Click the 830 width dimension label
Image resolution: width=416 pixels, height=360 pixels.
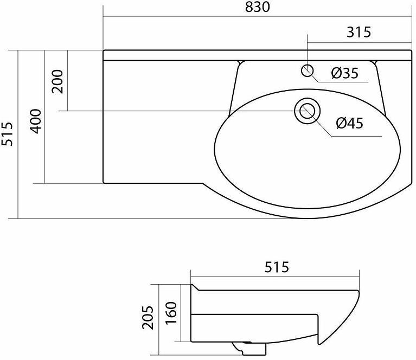tap(257, 7)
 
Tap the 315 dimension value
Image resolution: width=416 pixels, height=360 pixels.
tap(359, 32)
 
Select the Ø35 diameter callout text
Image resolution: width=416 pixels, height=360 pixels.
tap(345, 73)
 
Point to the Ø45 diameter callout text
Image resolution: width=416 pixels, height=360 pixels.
tap(350, 123)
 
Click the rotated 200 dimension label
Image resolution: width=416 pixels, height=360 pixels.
tap(57, 81)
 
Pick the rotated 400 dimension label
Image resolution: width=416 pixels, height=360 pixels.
tap(36, 121)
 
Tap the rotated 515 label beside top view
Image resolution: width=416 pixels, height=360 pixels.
tap(7, 134)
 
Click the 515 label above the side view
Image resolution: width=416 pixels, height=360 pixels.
tap(277, 267)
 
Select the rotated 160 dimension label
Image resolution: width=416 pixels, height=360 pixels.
tap(171, 312)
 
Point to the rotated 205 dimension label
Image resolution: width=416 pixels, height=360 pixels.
tap(148, 318)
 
